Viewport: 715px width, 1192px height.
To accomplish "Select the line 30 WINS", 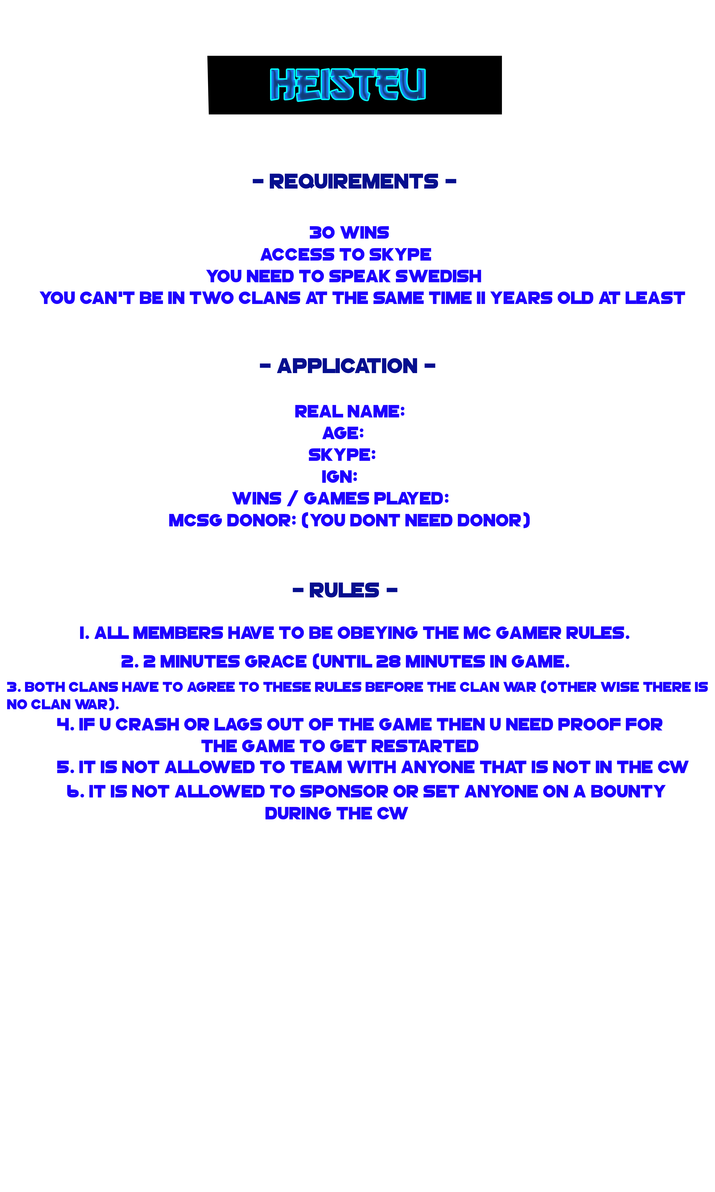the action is [x=349, y=233].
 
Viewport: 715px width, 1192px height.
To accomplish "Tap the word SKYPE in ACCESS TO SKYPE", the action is [x=400, y=254].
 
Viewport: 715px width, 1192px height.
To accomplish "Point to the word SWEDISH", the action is [x=439, y=276].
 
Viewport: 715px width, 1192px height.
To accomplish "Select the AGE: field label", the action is [x=343, y=433].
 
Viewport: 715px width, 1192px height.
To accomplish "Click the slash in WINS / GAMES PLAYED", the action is [x=292, y=499].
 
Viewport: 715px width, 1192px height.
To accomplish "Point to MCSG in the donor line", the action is [x=195, y=520].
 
